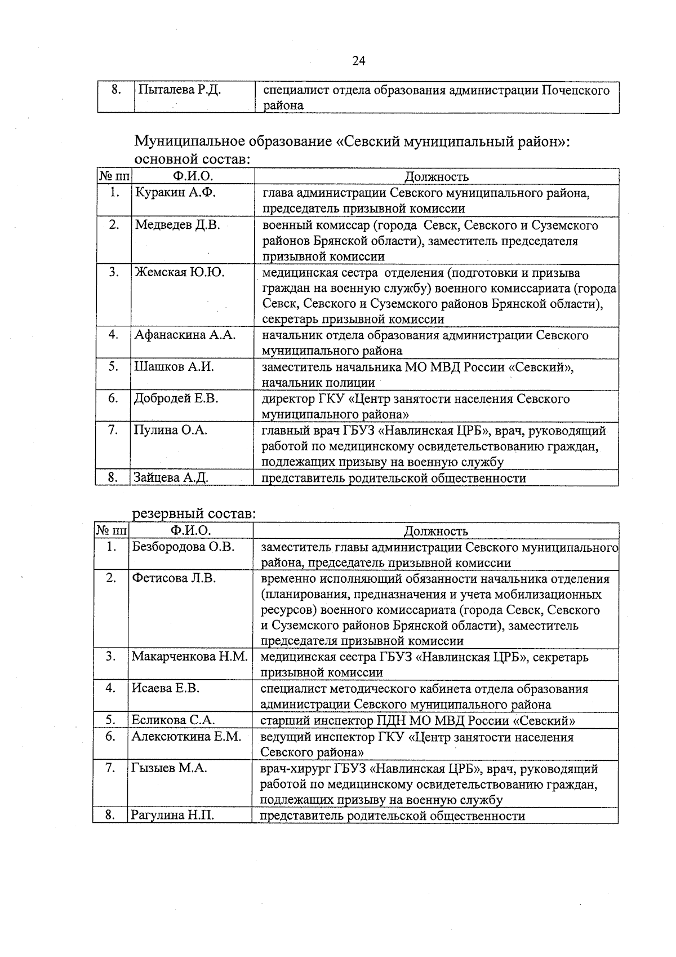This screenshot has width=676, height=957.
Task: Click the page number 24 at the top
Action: [x=359, y=61]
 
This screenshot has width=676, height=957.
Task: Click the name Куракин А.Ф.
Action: [x=175, y=193]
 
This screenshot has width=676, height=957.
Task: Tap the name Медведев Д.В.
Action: [x=177, y=225]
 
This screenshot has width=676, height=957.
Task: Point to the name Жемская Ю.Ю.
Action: [x=180, y=273]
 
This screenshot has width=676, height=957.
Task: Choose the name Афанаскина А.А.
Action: [x=185, y=335]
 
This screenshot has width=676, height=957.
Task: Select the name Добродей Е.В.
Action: [x=176, y=398]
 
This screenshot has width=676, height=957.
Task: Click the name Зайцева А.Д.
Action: [x=171, y=478]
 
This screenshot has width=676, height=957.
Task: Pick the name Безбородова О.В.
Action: [x=183, y=547]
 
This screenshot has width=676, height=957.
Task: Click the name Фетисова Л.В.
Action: [x=174, y=578]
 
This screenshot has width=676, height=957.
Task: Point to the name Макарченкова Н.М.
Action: [x=190, y=657]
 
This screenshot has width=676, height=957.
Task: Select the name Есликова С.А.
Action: [x=173, y=720]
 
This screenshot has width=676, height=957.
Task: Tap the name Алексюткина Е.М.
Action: [x=186, y=737]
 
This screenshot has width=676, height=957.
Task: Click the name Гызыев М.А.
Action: [x=169, y=768]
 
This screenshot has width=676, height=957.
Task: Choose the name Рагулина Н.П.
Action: [x=172, y=816]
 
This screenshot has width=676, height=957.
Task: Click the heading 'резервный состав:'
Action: [x=194, y=514]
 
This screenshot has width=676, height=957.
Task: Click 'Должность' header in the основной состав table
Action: [x=437, y=177]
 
